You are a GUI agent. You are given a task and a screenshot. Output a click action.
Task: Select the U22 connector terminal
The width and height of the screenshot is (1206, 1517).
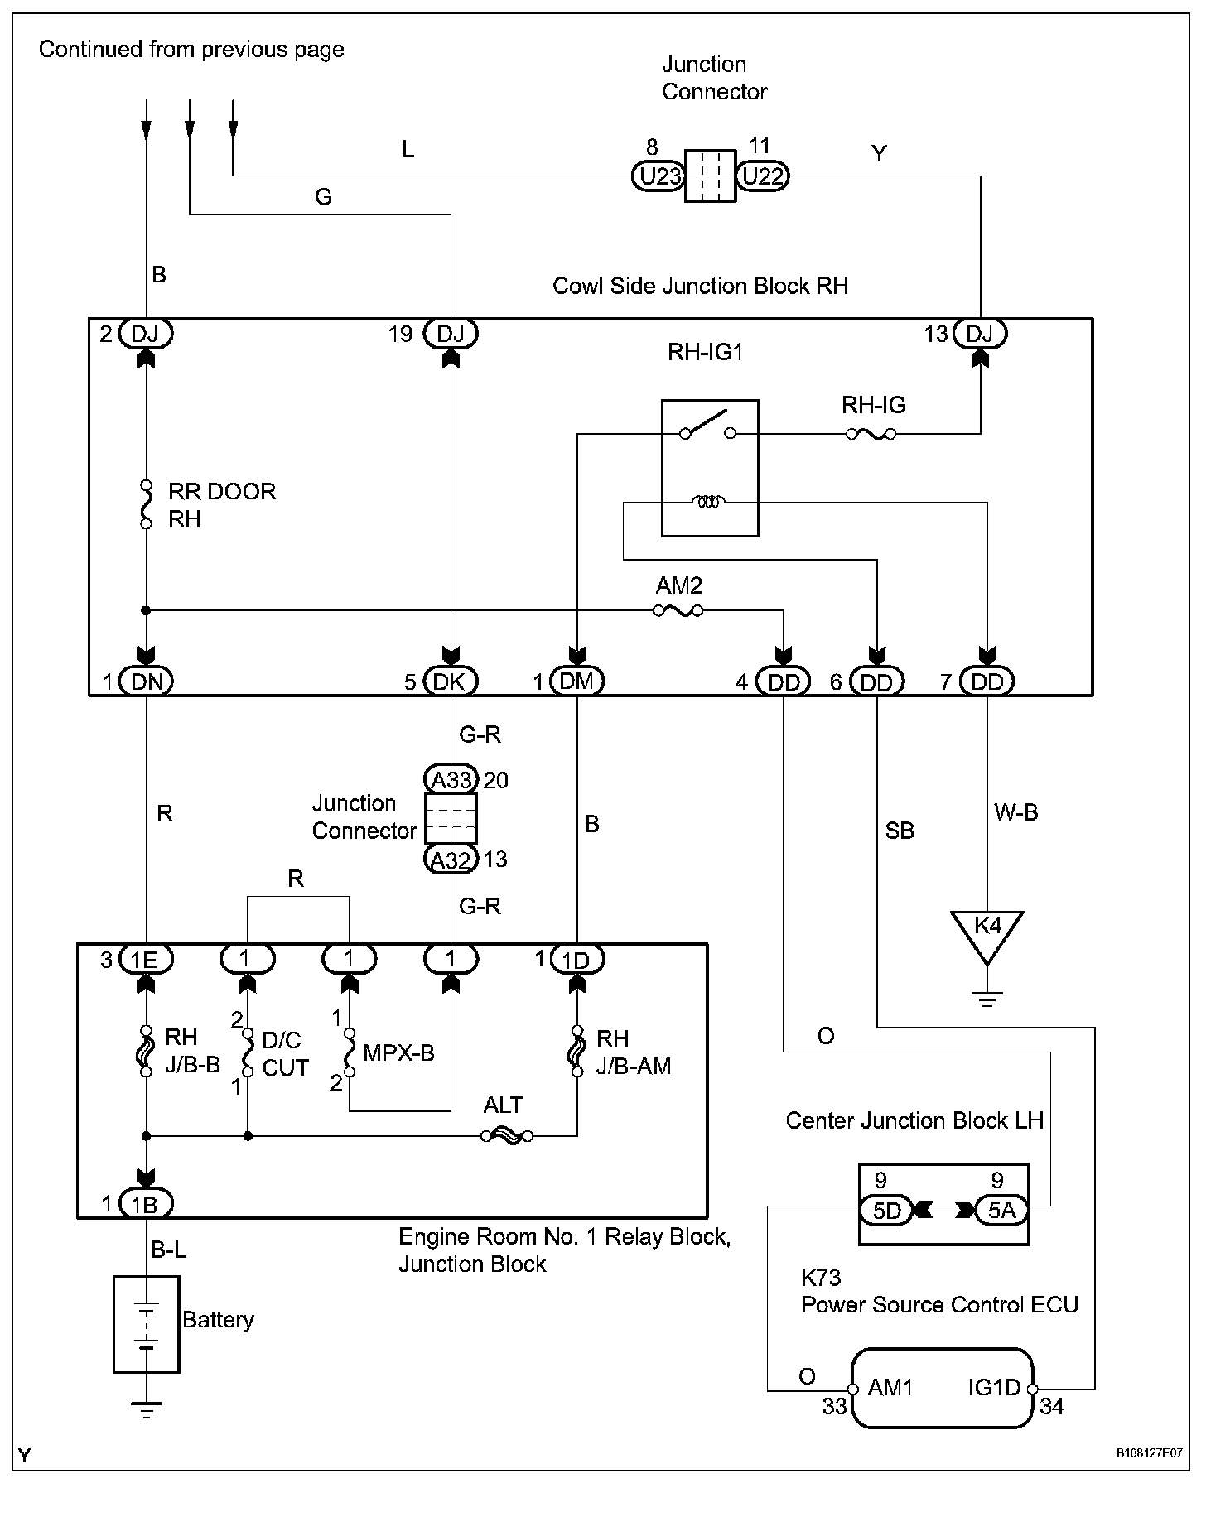point(763,176)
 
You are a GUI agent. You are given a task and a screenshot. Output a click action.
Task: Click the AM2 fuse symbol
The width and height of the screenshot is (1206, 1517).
point(678,611)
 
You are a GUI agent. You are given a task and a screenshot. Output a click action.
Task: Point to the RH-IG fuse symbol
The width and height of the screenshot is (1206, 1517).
point(871,433)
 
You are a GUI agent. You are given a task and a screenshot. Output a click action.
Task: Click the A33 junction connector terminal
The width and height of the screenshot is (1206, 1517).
point(451,779)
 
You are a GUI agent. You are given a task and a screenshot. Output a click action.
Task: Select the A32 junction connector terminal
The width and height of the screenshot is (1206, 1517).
point(451,860)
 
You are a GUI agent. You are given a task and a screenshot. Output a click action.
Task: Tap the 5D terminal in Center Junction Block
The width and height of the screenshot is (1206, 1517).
point(886,1211)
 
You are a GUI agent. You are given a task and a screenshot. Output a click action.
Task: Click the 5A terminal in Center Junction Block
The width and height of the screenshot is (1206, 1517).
point(1001,1211)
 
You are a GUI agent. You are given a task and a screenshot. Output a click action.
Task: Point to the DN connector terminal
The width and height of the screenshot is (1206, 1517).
point(146,681)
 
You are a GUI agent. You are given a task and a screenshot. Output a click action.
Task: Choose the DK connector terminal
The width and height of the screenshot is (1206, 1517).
point(451,681)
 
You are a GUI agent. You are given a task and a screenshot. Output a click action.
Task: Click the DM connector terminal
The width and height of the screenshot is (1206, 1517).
point(576,681)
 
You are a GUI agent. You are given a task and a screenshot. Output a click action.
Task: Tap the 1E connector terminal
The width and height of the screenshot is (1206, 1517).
point(146,959)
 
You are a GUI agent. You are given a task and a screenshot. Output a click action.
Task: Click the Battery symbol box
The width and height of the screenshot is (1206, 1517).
point(146,1324)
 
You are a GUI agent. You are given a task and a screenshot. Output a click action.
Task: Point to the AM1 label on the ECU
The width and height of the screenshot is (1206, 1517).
point(890,1387)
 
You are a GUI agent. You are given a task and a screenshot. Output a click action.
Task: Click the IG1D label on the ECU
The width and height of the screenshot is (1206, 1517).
point(994,1387)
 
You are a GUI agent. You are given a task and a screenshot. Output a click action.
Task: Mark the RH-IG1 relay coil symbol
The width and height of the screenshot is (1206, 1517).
point(708,501)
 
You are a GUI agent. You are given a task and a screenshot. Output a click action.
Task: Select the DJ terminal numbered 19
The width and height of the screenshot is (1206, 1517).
point(451,334)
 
